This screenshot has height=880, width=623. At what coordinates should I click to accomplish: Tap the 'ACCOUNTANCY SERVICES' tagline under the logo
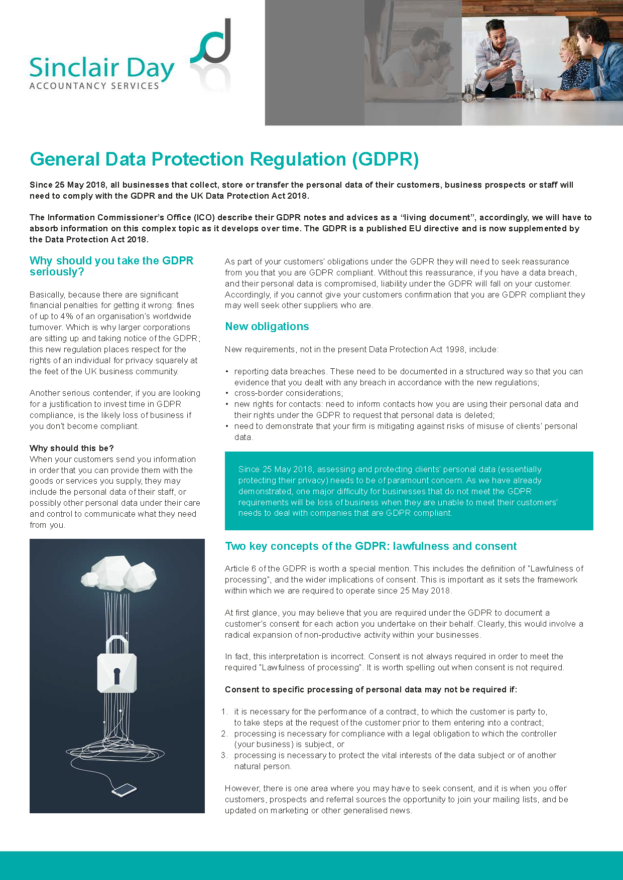[x=94, y=86]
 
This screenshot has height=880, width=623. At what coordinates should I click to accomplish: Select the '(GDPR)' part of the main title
[x=385, y=160]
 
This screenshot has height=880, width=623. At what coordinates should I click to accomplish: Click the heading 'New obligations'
[x=267, y=327]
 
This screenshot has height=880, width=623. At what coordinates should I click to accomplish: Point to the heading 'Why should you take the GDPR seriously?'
[x=111, y=266]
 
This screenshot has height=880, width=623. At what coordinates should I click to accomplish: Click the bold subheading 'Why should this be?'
[x=71, y=448]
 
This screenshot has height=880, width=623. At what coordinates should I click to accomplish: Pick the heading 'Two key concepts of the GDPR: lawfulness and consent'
[x=370, y=546]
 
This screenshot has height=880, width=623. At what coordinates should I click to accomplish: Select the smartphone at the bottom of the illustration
[x=124, y=790]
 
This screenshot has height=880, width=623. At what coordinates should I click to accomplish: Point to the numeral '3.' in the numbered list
[x=224, y=756]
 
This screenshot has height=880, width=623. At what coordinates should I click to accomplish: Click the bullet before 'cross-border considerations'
[x=227, y=393]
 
